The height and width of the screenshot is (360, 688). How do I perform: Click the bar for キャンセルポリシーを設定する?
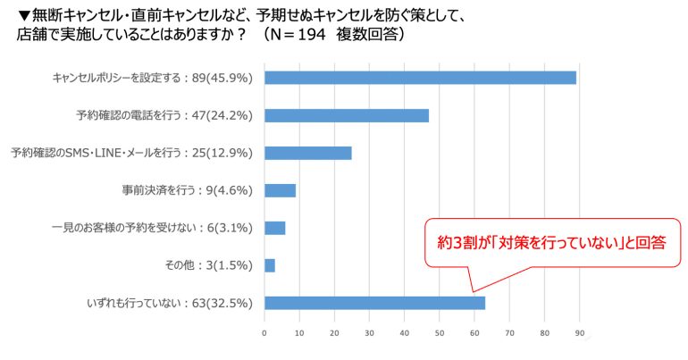(x=420, y=78)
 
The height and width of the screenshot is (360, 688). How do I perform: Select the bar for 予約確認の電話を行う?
(x=347, y=115)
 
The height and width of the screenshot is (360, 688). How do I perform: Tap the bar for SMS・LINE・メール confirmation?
(x=308, y=153)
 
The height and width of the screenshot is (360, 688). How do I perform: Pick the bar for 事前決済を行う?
(x=280, y=191)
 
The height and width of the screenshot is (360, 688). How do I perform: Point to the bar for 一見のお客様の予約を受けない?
(x=274, y=228)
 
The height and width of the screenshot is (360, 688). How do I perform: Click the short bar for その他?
(x=270, y=265)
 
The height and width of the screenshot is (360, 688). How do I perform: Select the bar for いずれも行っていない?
(x=374, y=303)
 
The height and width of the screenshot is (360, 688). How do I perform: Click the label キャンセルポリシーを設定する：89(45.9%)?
(x=152, y=78)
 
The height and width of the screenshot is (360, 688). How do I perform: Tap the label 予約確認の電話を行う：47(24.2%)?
(x=164, y=116)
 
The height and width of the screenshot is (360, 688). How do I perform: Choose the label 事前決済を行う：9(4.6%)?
(x=188, y=191)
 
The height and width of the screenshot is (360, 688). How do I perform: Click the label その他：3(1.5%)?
(x=208, y=265)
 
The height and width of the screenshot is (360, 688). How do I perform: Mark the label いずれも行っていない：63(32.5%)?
(x=170, y=304)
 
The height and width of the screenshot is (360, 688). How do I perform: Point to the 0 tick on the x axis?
(x=264, y=333)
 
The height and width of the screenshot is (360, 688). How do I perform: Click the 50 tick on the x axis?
(x=440, y=333)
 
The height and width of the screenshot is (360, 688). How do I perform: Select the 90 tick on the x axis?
(x=580, y=333)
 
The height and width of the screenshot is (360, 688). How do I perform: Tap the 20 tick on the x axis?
(x=334, y=333)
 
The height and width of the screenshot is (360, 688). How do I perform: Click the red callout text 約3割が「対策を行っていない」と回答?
(x=551, y=242)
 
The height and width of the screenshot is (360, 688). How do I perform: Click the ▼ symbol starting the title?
(x=24, y=16)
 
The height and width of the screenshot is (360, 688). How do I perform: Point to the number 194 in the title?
(x=312, y=34)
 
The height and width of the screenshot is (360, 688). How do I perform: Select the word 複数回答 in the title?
(x=366, y=34)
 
